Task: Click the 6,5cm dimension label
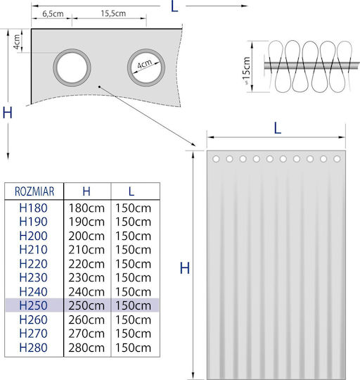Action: (x=53, y=14)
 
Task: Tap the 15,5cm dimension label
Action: (x=113, y=13)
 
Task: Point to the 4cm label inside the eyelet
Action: (x=145, y=64)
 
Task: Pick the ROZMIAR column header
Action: (x=34, y=191)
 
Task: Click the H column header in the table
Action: (x=86, y=191)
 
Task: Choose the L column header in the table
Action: (x=131, y=191)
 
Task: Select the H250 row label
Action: (x=34, y=305)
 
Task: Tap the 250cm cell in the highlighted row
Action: (x=86, y=305)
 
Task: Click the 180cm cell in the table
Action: (x=86, y=208)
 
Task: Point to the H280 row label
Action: (x=34, y=348)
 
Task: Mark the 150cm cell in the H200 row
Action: (x=133, y=236)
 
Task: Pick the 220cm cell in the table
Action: (x=86, y=264)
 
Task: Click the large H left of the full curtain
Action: (x=185, y=268)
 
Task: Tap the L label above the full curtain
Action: (x=278, y=129)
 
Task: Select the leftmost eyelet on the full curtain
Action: (x=216, y=159)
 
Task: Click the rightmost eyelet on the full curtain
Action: (x=337, y=159)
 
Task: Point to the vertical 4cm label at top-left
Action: (x=17, y=42)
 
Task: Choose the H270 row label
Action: (x=34, y=334)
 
